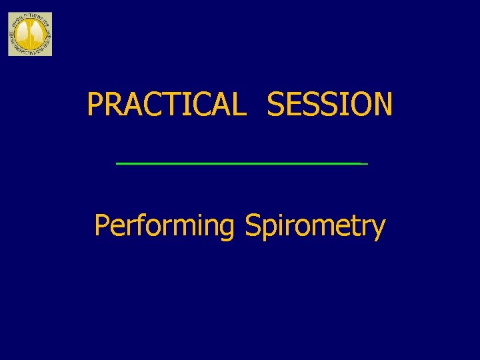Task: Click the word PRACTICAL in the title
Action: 166,105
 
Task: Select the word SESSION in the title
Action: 329,105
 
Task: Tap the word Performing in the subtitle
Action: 164,227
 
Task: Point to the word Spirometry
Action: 315,227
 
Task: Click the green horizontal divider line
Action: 240,163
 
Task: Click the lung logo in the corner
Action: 29,34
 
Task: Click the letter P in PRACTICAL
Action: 95,105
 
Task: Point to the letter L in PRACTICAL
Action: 238,105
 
